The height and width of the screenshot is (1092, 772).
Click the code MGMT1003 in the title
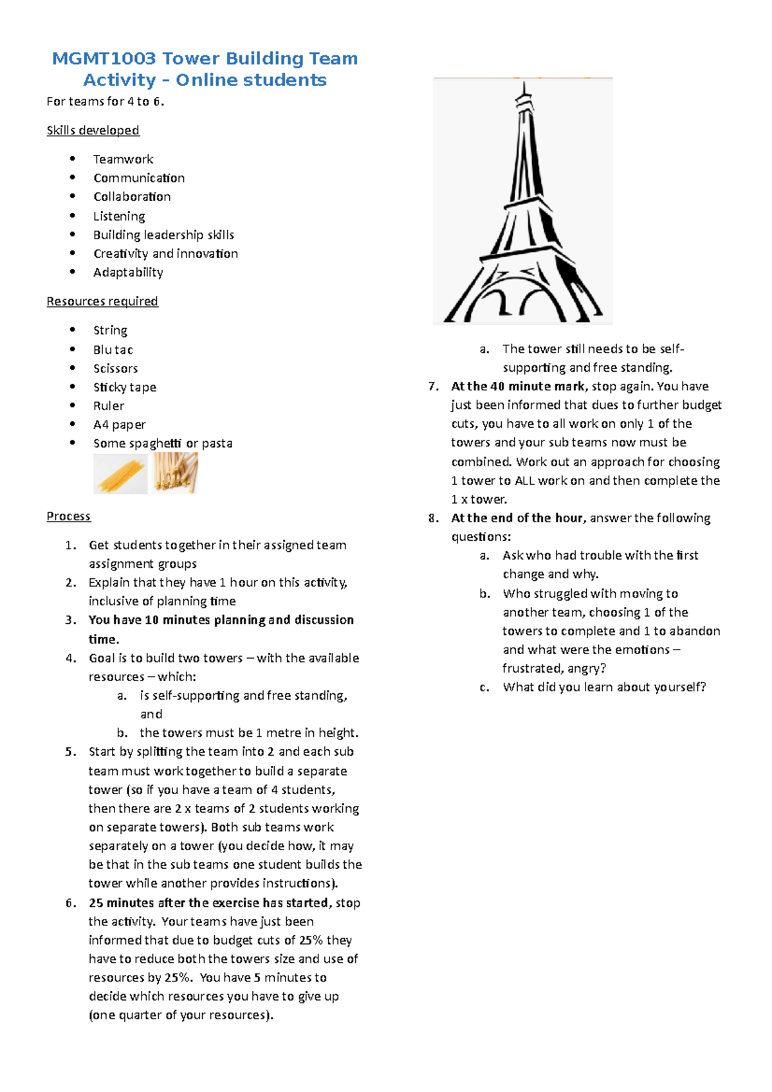(x=104, y=59)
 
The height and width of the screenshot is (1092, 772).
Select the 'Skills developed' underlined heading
(x=93, y=131)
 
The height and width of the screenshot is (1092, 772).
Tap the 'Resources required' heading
(x=102, y=301)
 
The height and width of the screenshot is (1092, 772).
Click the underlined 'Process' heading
(x=68, y=516)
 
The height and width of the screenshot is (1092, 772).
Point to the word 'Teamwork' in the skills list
(x=124, y=159)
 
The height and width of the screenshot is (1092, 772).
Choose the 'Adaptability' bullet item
(x=128, y=272)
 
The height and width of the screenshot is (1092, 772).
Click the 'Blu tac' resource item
(x=113, y=350)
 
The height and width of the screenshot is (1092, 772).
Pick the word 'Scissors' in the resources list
(x=116, y=369)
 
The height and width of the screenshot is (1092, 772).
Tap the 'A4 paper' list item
(x=120, y=424)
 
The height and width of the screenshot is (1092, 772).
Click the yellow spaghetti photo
(x=120, y=474)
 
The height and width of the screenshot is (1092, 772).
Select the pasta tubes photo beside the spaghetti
(x=175, y=473)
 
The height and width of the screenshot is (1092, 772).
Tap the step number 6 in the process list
(x=71, y=903)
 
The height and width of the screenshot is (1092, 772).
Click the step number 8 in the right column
(x=434, y=518)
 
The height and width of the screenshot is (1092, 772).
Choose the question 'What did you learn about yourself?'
(x=604, y=687)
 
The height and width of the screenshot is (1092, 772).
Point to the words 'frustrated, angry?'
(x=554, y=668)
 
